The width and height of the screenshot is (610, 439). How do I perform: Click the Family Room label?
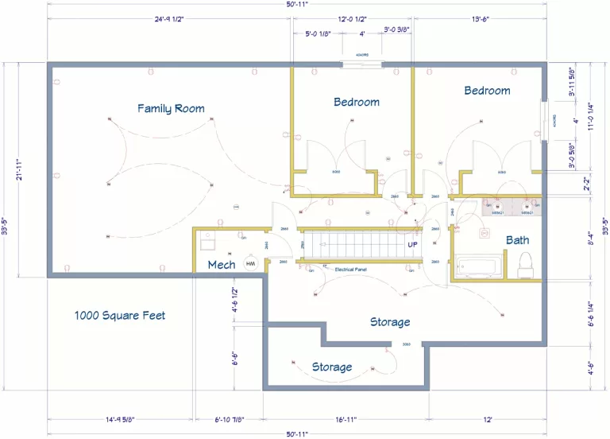point(171,108)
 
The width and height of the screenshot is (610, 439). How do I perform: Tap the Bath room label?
point(517,239)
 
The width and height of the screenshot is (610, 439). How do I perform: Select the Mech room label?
point(221,264)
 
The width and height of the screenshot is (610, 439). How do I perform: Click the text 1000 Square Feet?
point(120,315)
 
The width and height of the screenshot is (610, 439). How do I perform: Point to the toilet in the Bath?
point(525,265)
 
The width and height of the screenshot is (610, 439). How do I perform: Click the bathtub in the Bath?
point(477,266)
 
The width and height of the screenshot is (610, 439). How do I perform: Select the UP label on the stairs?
point(412,244)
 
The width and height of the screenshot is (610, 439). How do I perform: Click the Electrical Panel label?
point(350,270)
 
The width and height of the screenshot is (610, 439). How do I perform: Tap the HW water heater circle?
point(250,264)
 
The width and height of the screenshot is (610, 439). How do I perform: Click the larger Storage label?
point(390,322)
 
